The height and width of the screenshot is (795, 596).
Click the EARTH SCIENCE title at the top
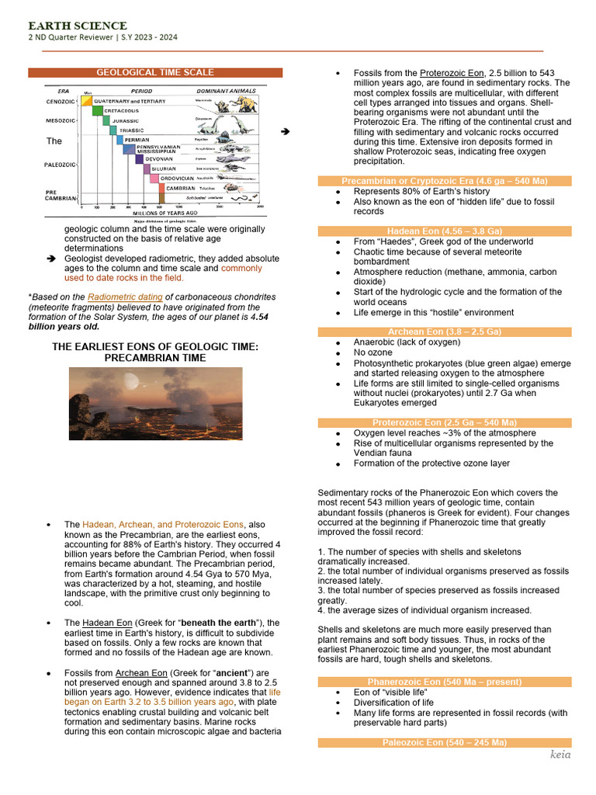tap(78, 26)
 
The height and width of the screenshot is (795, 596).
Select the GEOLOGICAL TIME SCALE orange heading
tap(155, 72)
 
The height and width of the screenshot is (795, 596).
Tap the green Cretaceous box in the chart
tap(98, 111)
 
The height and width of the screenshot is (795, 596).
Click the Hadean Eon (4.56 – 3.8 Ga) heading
tap(445, 231)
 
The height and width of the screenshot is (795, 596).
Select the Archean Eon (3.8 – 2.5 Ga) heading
tap(445, 332)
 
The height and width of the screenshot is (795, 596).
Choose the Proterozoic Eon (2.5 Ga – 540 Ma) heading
tap(445, 422)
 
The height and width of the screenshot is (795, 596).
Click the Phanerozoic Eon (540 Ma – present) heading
tap(445, 682)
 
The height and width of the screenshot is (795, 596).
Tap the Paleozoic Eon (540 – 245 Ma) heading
tap(445, 743)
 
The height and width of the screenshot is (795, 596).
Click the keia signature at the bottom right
tap(560, 754)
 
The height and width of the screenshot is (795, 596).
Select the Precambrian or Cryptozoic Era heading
tap(445, 181)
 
